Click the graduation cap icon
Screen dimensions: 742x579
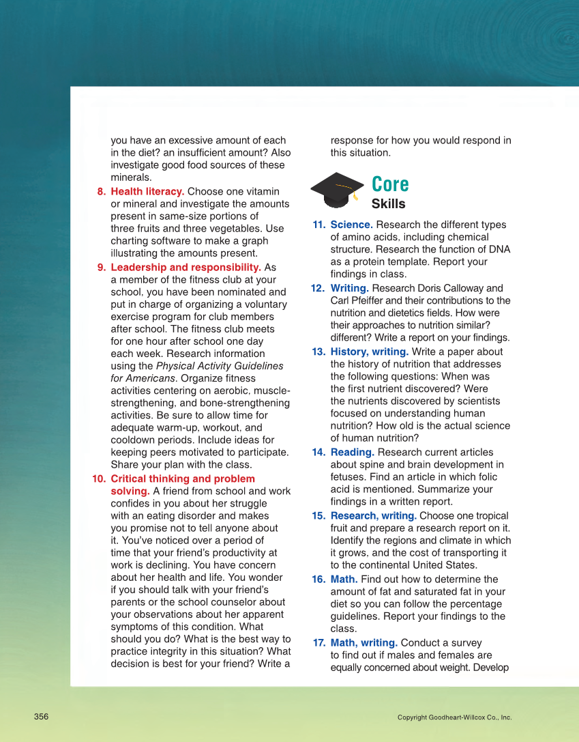[338, 190]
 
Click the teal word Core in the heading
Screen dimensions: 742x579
[390, 184]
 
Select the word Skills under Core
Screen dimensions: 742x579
[388, 204]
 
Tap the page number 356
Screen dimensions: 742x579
[42, 717]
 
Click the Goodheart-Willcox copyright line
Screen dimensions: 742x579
[454, 717]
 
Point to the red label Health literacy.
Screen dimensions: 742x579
[147, 192]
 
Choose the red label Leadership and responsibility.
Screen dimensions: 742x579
[185, 268]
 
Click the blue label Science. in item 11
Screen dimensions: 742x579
[351, 225]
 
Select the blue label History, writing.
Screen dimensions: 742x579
[369, 352]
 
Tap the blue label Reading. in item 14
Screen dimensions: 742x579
[352, 453]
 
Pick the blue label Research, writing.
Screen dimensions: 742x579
[373, 516]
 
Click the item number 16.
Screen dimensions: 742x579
[318, 580]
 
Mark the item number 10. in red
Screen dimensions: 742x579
[99, 479]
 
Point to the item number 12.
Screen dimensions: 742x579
[318, 288]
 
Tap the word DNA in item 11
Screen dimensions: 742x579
[500, 249]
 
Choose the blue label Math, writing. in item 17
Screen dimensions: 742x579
[363, 643]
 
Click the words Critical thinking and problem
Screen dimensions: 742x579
[183, 479]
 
